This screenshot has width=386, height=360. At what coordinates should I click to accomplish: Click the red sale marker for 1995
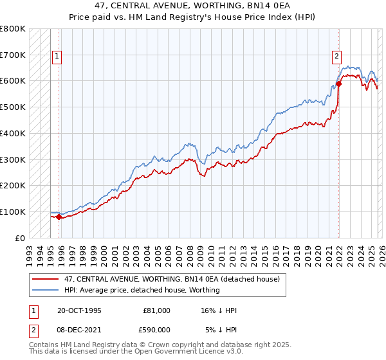(x=59, y=217)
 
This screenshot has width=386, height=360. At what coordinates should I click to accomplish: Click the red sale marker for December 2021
(x=338, y=84)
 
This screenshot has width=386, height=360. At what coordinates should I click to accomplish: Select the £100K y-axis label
(x=13, y=212)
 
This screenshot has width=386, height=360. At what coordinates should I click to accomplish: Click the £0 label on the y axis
(x=21, y=238)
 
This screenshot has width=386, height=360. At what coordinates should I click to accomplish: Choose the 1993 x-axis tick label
(x=30, y=252)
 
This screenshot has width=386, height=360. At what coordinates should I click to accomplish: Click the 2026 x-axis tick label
(x=381, y=252)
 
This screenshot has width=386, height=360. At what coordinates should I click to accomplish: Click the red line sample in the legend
(x=46, y=280)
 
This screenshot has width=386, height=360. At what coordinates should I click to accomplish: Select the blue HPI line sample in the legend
(x=46, y=291)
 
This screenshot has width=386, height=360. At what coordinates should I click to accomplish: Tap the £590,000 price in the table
(x=156, y=330)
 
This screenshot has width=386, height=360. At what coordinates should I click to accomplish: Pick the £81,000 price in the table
(x=156, y=310)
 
